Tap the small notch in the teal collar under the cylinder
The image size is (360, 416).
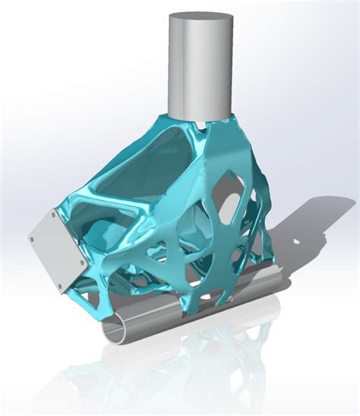click(200, 123)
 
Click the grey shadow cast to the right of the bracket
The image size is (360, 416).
click(304, 243)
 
